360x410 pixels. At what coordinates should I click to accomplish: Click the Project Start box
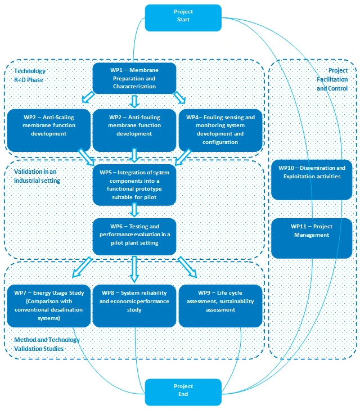(x=183, y=18)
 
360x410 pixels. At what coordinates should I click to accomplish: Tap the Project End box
(x=183, y=392)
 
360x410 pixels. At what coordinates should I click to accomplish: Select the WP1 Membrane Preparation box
(x=134, y=78)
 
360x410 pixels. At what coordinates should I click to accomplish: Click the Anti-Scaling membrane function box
(x=48, y=130)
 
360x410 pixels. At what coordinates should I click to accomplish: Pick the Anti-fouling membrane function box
(x=134, y=130)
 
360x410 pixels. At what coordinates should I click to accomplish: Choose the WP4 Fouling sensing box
(x=220, y=130)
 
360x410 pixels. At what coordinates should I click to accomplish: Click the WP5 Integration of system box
(x=134, y=185)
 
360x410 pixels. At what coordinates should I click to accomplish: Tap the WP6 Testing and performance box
(x=134, y=237)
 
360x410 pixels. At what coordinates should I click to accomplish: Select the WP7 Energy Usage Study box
(x=48, y=306)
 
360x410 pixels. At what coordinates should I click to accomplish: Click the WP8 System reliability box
(x=134, y=306)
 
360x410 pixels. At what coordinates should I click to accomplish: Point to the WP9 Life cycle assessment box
(x=220, y=306)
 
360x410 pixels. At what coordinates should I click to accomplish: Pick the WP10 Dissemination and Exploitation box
(x=312, y=180)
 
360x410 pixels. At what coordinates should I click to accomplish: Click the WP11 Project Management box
(x=312, y=238)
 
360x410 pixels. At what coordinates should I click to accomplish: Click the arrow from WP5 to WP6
(x=134, y=210)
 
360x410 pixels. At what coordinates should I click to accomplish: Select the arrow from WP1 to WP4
(x=179, y=97)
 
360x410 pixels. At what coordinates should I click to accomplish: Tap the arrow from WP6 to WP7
(x=82, y=267)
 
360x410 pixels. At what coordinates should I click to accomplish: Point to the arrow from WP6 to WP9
(x=187, y=267)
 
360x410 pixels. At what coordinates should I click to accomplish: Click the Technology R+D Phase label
(x=30, y=75)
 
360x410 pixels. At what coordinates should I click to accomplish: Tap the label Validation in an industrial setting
(x=37, y=176)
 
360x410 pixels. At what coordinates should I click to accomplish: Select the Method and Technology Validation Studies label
(x=47, y=344)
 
